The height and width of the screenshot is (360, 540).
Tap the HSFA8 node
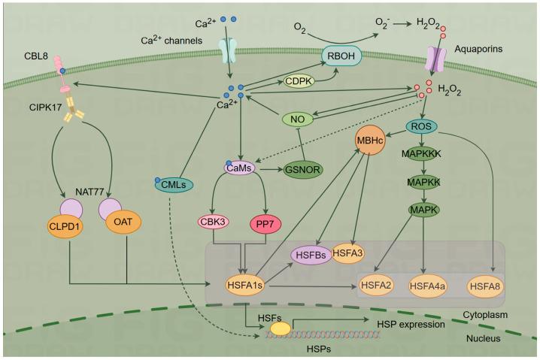487,286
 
